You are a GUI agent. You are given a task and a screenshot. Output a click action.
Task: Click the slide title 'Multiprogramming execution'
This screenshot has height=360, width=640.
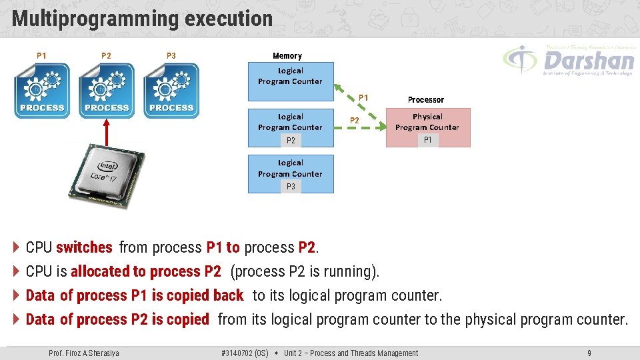(x=142, y=19)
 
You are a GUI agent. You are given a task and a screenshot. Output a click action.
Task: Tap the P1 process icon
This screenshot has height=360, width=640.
(x=42, y=91)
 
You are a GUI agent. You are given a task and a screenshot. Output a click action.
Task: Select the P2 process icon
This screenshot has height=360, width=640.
(x=107, y=91)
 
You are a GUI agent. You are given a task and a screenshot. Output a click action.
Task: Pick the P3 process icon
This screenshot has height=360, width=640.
(x=171, y=91)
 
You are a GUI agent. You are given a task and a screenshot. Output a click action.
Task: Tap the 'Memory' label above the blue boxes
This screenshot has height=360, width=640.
(x=287, y=56)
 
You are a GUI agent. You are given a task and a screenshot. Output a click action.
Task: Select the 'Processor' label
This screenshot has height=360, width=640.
(x=425, y=99)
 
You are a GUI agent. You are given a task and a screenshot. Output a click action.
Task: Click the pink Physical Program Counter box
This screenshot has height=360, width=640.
(x=428, y=127)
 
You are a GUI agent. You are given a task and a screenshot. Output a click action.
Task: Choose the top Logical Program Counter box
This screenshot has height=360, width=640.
(x=290, y=77)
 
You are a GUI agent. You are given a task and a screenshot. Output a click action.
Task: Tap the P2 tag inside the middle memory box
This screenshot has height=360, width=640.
(x=291, y=141)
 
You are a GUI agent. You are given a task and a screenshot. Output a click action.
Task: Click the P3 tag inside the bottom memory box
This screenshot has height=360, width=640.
(x=291, y=187)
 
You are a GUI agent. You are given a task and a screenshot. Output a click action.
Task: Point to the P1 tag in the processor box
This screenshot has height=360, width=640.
(x=427, y=140)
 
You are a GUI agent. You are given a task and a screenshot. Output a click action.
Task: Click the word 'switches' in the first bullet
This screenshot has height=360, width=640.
(x=84, y=247)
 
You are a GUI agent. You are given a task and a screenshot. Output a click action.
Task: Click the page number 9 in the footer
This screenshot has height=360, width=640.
(x=589, y=353)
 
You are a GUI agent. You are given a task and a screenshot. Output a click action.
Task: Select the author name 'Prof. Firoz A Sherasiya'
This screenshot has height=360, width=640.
(x=84, y=353)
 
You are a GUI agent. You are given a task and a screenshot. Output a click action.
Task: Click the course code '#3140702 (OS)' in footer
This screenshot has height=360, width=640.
(x=245, y=353)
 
